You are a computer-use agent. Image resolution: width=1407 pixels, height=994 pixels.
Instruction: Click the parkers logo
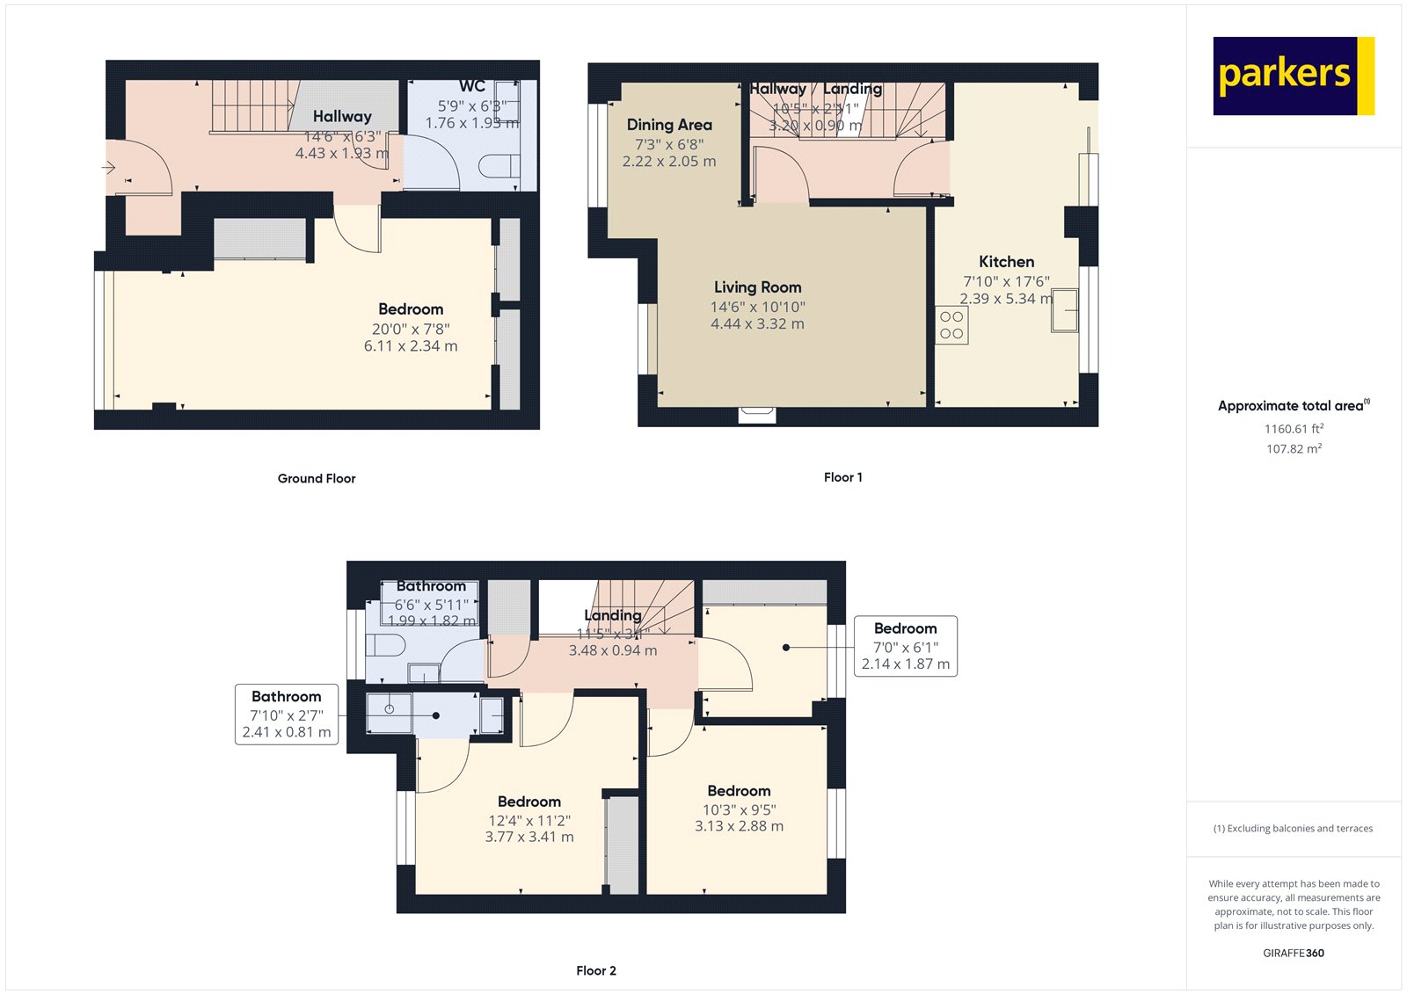1293,76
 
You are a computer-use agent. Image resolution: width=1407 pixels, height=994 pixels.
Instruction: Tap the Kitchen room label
1006,262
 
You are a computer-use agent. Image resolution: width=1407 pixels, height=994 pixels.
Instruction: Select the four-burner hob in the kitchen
951,325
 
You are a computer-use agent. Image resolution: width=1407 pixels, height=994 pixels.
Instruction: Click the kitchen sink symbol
1064,310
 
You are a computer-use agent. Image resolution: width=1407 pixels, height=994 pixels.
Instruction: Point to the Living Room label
757,287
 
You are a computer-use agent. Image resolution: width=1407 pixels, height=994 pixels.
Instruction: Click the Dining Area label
669,125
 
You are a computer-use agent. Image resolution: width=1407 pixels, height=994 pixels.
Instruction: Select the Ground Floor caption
317,479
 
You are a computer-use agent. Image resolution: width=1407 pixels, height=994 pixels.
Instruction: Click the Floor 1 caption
842,477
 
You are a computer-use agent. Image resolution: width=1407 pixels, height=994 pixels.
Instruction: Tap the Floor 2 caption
595,971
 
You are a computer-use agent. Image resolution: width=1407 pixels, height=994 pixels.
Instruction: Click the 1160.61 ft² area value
1294,429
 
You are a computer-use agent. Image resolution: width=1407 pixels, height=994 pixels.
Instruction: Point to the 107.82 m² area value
1294,449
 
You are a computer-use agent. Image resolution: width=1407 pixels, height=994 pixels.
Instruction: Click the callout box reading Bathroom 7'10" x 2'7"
287,715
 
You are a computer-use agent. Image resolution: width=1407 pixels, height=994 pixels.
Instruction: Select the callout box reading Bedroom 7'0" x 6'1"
905,646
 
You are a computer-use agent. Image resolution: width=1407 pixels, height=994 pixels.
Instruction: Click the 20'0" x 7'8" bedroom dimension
411,329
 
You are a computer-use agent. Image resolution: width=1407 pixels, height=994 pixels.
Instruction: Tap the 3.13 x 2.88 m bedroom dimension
739,826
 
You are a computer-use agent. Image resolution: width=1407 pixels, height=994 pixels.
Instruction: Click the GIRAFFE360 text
1293,953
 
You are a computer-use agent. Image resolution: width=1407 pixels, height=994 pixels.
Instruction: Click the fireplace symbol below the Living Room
756,415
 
